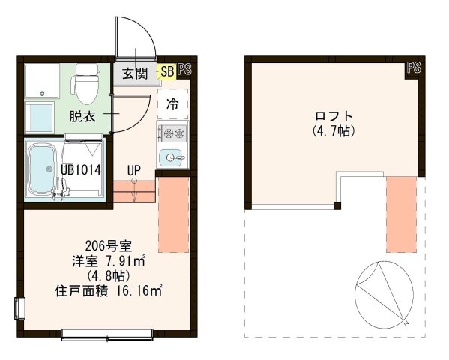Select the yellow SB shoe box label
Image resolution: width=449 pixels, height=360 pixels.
click(x=167, y=72)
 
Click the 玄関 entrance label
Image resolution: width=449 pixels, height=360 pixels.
click(x=136, y=73)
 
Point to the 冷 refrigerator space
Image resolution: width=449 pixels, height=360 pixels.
click(x=172, y=103)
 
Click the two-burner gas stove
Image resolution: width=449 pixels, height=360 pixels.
click(x=172, y=133)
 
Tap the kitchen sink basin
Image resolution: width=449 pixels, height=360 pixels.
click(x=172, y=157)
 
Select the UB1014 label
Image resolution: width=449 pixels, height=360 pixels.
click(x=81, y=169)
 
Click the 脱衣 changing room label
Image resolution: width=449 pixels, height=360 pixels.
click(x=82, y=116)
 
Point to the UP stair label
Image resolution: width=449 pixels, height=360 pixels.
click(x=133, y=170)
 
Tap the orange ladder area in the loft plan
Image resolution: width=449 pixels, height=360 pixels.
click(x=400, y=213)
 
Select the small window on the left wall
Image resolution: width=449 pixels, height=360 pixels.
click(x=19, y=308)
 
